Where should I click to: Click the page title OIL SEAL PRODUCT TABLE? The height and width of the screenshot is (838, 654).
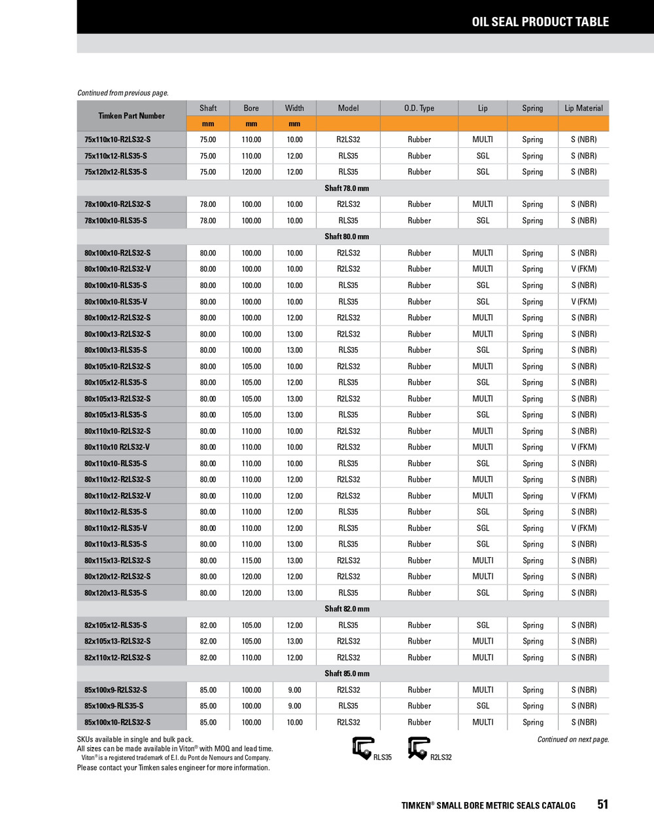pyautogui.click(x=540, y=22)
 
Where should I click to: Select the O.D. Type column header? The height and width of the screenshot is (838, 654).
pyautogui.click(x=419, y=108)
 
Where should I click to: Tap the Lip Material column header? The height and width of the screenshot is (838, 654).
pyautogui.click(x=583, y=108)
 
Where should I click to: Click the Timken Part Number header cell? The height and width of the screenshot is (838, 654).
pyautogui.click(x=131, y=116)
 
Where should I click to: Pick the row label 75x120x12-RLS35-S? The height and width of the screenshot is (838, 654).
pyautogui.click(x=116, y=172)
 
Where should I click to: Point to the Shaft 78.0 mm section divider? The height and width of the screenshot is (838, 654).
pyautogui.click(x=347, y=189)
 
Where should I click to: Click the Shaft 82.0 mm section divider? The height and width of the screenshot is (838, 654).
pyautogui.click(x=347, y=609)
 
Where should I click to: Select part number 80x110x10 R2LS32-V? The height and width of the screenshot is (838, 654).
pyautogui.click(x=117, y=447)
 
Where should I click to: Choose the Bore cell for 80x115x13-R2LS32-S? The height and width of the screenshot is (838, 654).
pyautogui.click(x=251, y=560)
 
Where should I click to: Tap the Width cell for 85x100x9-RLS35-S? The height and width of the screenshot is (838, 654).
pyautogui.click(x=294, y=706)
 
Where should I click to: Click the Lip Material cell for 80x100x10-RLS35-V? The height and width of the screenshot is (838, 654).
pyautogui.click(x=583, y=302)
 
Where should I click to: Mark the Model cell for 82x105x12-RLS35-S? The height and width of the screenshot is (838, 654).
pyautogui.click(x=348, y=625)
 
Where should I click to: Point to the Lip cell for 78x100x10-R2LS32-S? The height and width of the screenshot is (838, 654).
pyautogui.click(x=483, y=204)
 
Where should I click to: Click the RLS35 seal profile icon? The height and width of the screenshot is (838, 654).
pyautogui.click(x=363, y=748)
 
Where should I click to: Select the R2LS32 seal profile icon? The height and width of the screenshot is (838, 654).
pyautogui.click(x=419, y=748)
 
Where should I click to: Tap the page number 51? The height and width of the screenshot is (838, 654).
pyautogui.click(x=602, y=805)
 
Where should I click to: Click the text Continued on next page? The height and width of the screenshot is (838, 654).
pyautogui.click(x=573, y=740)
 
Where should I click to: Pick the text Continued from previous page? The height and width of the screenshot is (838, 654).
pyautogui.click(x=123, y=93)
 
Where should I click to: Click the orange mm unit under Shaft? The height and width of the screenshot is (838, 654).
pyautogui.click(x=208, y=124)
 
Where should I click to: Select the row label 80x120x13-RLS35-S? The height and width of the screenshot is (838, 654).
pyautogui.click(x=116, y=593)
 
